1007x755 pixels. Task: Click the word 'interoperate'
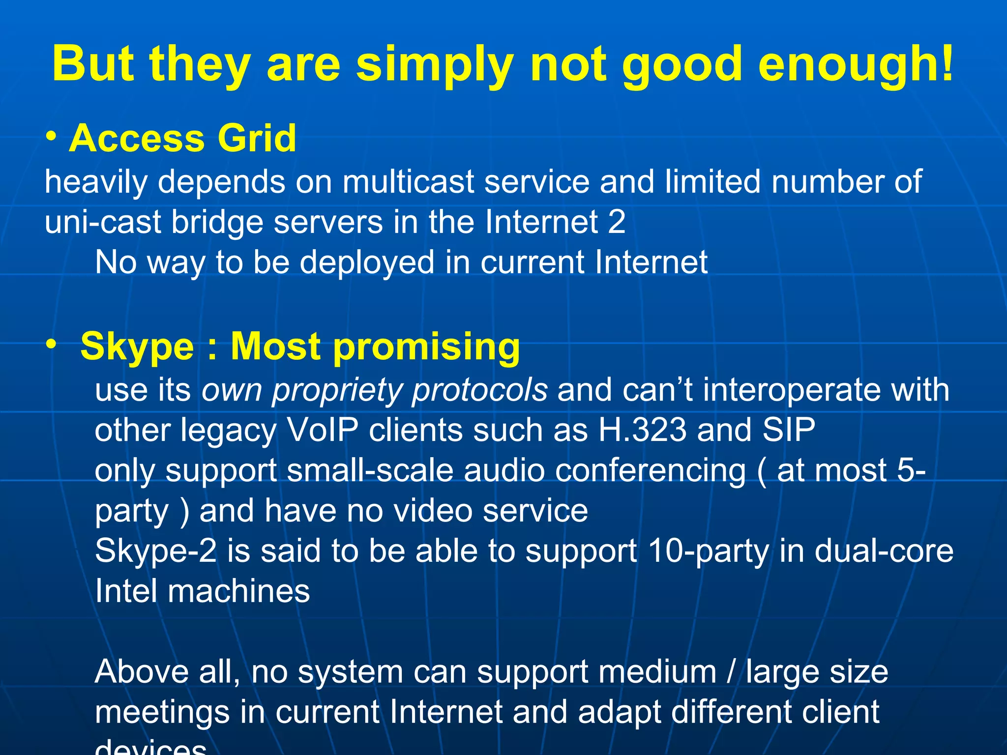point(786,390)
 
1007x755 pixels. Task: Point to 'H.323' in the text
point(642,430)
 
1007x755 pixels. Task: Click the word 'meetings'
point(162,712)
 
